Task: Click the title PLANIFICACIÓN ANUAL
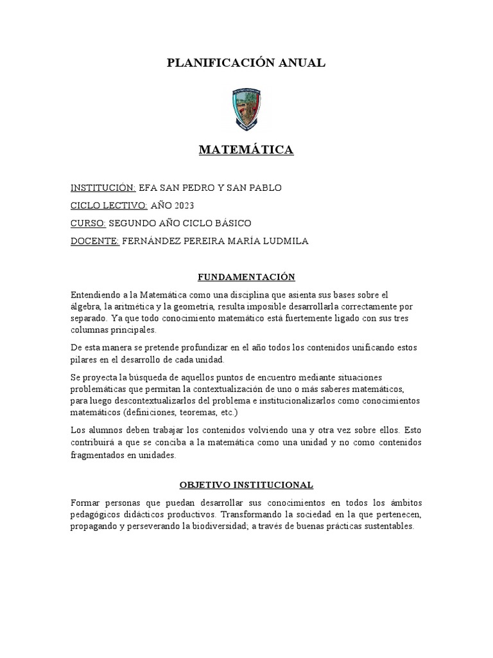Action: [246, 62]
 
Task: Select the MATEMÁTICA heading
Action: [246, 150]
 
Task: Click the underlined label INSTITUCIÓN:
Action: [103, 188]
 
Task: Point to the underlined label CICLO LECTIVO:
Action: [109, 206]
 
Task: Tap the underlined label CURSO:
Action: [88, 223]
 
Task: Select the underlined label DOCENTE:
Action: [95, 241]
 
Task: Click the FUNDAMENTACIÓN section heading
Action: [246, 277]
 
